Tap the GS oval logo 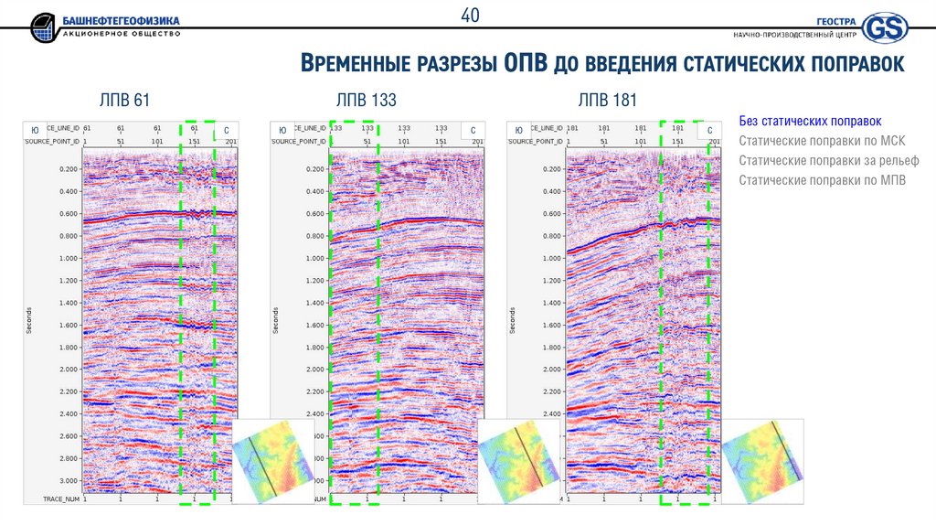pyautogui.click(x=885, y=27)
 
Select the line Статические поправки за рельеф pyautogui.click(x=828, y=160)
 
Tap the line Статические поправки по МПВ pyautogui.click(x=822, y=180)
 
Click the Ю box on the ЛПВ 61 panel pyautogui.click(x=34, y=132)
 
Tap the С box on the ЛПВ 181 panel pyautogui.click(x=709, y=132)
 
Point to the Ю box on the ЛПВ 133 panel pyautogui.click(x=282, y=132)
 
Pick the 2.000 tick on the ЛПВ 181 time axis pyautogui.click(x=552, y=370)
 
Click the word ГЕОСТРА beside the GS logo pyautogui.click(x=837, y=21)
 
